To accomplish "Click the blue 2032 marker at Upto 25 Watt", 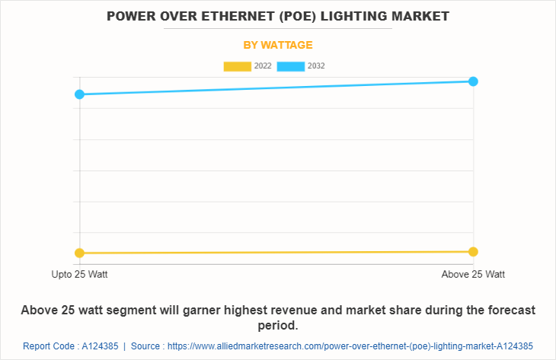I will pyautogui.click(x=79, y=94).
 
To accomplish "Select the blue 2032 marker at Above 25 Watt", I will pyautogui.click(x=473, y=81).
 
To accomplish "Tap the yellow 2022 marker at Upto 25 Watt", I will pyautogui.click(x=79, y=253).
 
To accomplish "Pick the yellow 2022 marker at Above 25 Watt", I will pyautogui.click(x=473, y=251).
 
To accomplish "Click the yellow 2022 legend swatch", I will pyautogui.click(x=237, y=66).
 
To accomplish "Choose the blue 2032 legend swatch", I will pyautogui.click(x=290, y=66).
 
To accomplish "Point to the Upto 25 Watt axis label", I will pyautogui.click(x=79, y=274).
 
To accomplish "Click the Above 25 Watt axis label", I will pyautogui.click(x=473, y=274).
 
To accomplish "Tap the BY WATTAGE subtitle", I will pyautogui.click(x=278, y=45).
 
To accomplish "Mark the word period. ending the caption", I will pyautogui.click(x=278, y=325).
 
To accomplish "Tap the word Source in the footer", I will pyautogui.click(x=147, y=346).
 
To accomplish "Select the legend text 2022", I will pyautogui.click(x=263, y=66).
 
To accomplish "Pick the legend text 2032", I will pyautogui.click(x=316, y=66).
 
